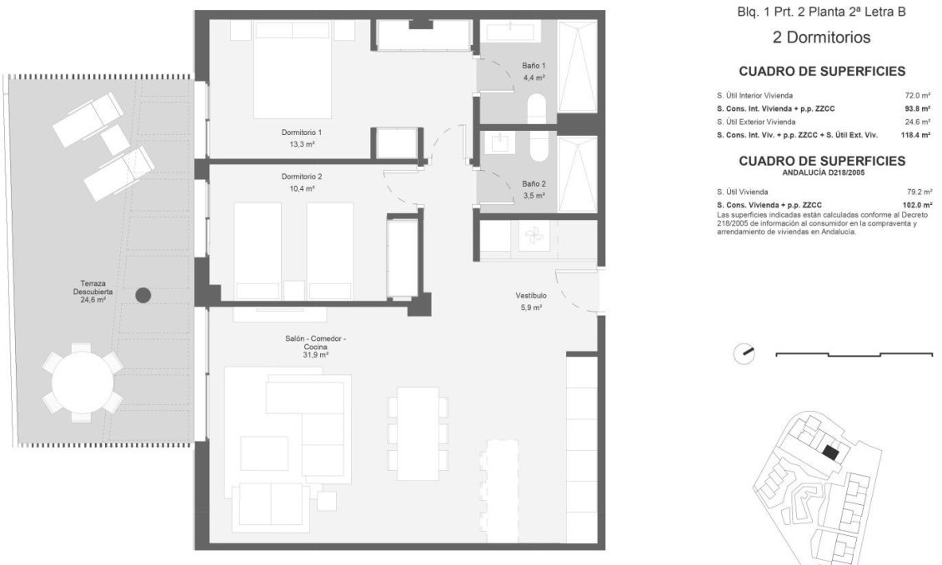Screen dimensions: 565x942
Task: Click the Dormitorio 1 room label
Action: [302, 132]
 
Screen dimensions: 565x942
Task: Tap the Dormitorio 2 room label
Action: [302, 177]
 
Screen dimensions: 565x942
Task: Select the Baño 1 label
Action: [534, 66]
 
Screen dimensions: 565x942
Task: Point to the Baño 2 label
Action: [534, 184]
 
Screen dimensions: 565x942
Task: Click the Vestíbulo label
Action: [531, 296]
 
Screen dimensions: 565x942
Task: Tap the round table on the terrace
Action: [82, 383]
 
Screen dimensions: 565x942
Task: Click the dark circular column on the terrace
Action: [143, 294]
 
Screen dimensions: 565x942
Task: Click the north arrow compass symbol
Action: [744, 353]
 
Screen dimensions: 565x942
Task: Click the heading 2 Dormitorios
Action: [809, 37]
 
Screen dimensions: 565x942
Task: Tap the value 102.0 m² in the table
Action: [914, 205]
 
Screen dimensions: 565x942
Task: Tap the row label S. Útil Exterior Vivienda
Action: [755, 122]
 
